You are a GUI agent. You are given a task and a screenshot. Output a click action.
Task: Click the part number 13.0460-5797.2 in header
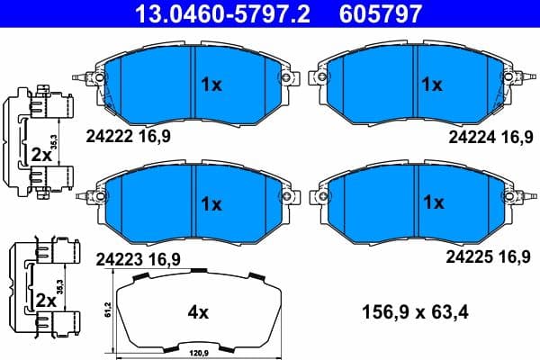click(192, 13)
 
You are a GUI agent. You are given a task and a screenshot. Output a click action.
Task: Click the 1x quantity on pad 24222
click(210, 85)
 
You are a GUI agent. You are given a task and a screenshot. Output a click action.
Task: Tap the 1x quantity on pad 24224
click(433, 85)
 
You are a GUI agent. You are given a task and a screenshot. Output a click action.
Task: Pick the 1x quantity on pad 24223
click(210, 203)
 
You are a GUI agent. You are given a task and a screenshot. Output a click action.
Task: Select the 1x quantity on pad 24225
click(433, 203)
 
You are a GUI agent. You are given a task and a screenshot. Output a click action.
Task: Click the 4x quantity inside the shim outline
click(197, 312)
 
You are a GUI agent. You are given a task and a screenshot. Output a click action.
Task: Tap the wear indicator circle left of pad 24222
click(100, 80)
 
